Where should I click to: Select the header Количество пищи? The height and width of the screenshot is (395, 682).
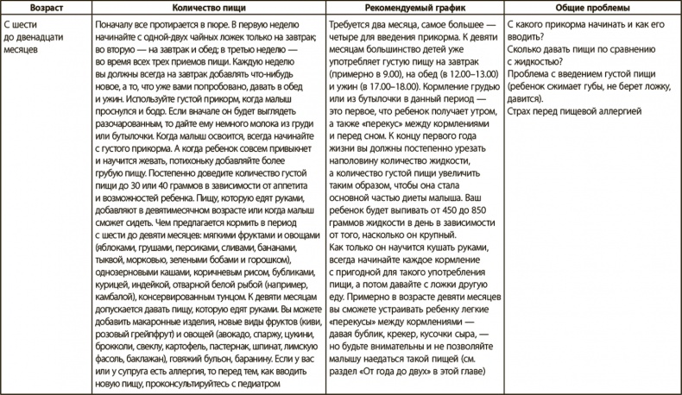point(206,7)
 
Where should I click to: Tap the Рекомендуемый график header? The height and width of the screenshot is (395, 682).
point(410,7)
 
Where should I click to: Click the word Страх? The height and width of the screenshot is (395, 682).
point(519,111)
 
